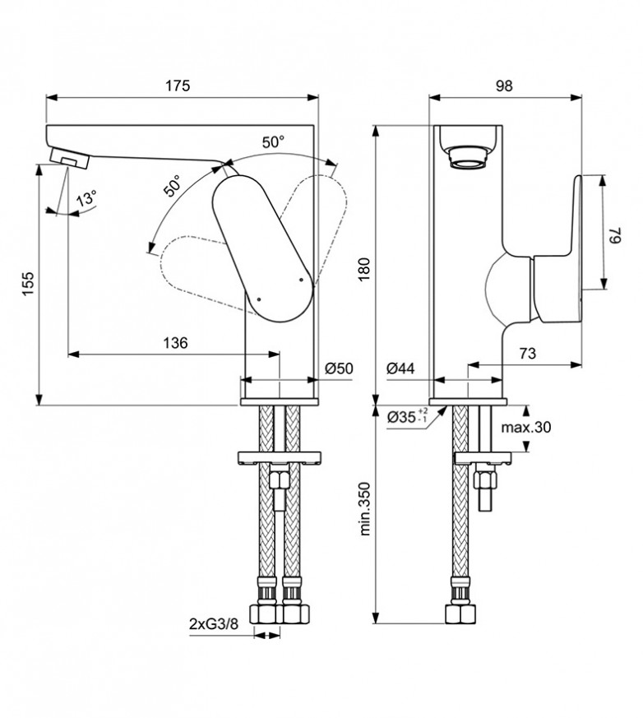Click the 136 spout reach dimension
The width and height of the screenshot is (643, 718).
tap(173, 343)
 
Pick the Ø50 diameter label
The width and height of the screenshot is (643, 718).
tap(338, 368)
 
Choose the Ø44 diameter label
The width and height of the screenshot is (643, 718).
tap(400, 368)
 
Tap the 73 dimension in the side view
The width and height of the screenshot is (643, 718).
tap(527, 354)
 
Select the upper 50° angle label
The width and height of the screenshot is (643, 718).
tap(274, 141)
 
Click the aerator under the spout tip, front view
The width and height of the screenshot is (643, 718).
tap(70, 156)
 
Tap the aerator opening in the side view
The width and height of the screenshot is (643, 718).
tap(469, 155)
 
